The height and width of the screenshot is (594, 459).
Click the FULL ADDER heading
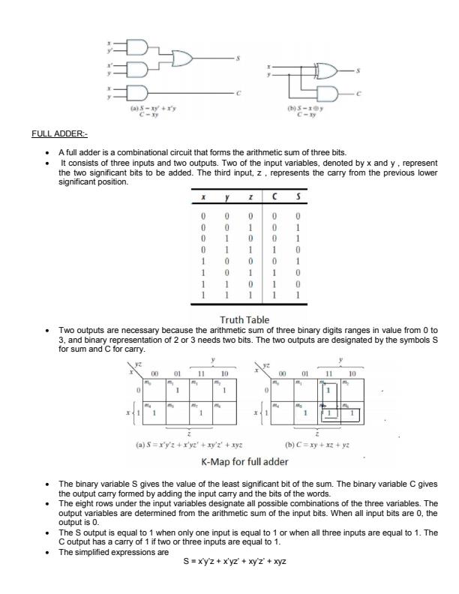click(59, 134)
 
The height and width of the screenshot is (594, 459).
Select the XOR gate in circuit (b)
click(327, 72)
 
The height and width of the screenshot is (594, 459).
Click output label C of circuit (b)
click(358, 94)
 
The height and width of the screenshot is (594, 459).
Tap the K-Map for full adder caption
click(244, 461)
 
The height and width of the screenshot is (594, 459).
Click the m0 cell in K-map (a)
click(156, 389)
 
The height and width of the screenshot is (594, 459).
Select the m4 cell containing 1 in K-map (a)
click(156, 413)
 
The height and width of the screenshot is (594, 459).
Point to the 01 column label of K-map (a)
click(178, 373)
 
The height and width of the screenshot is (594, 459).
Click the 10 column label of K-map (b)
click(351, 373)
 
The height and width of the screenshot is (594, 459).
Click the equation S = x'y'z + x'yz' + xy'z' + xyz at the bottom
click(235, 561)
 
